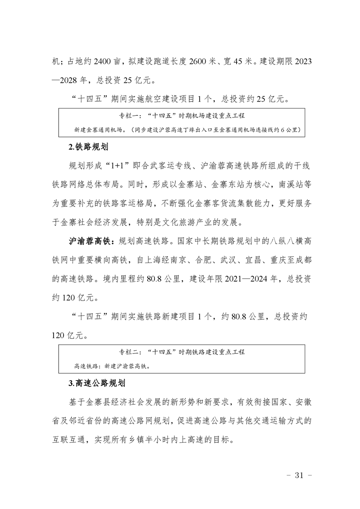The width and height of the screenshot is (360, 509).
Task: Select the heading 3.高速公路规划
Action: pos(96,383)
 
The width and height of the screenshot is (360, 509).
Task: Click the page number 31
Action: pos(298,475)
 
